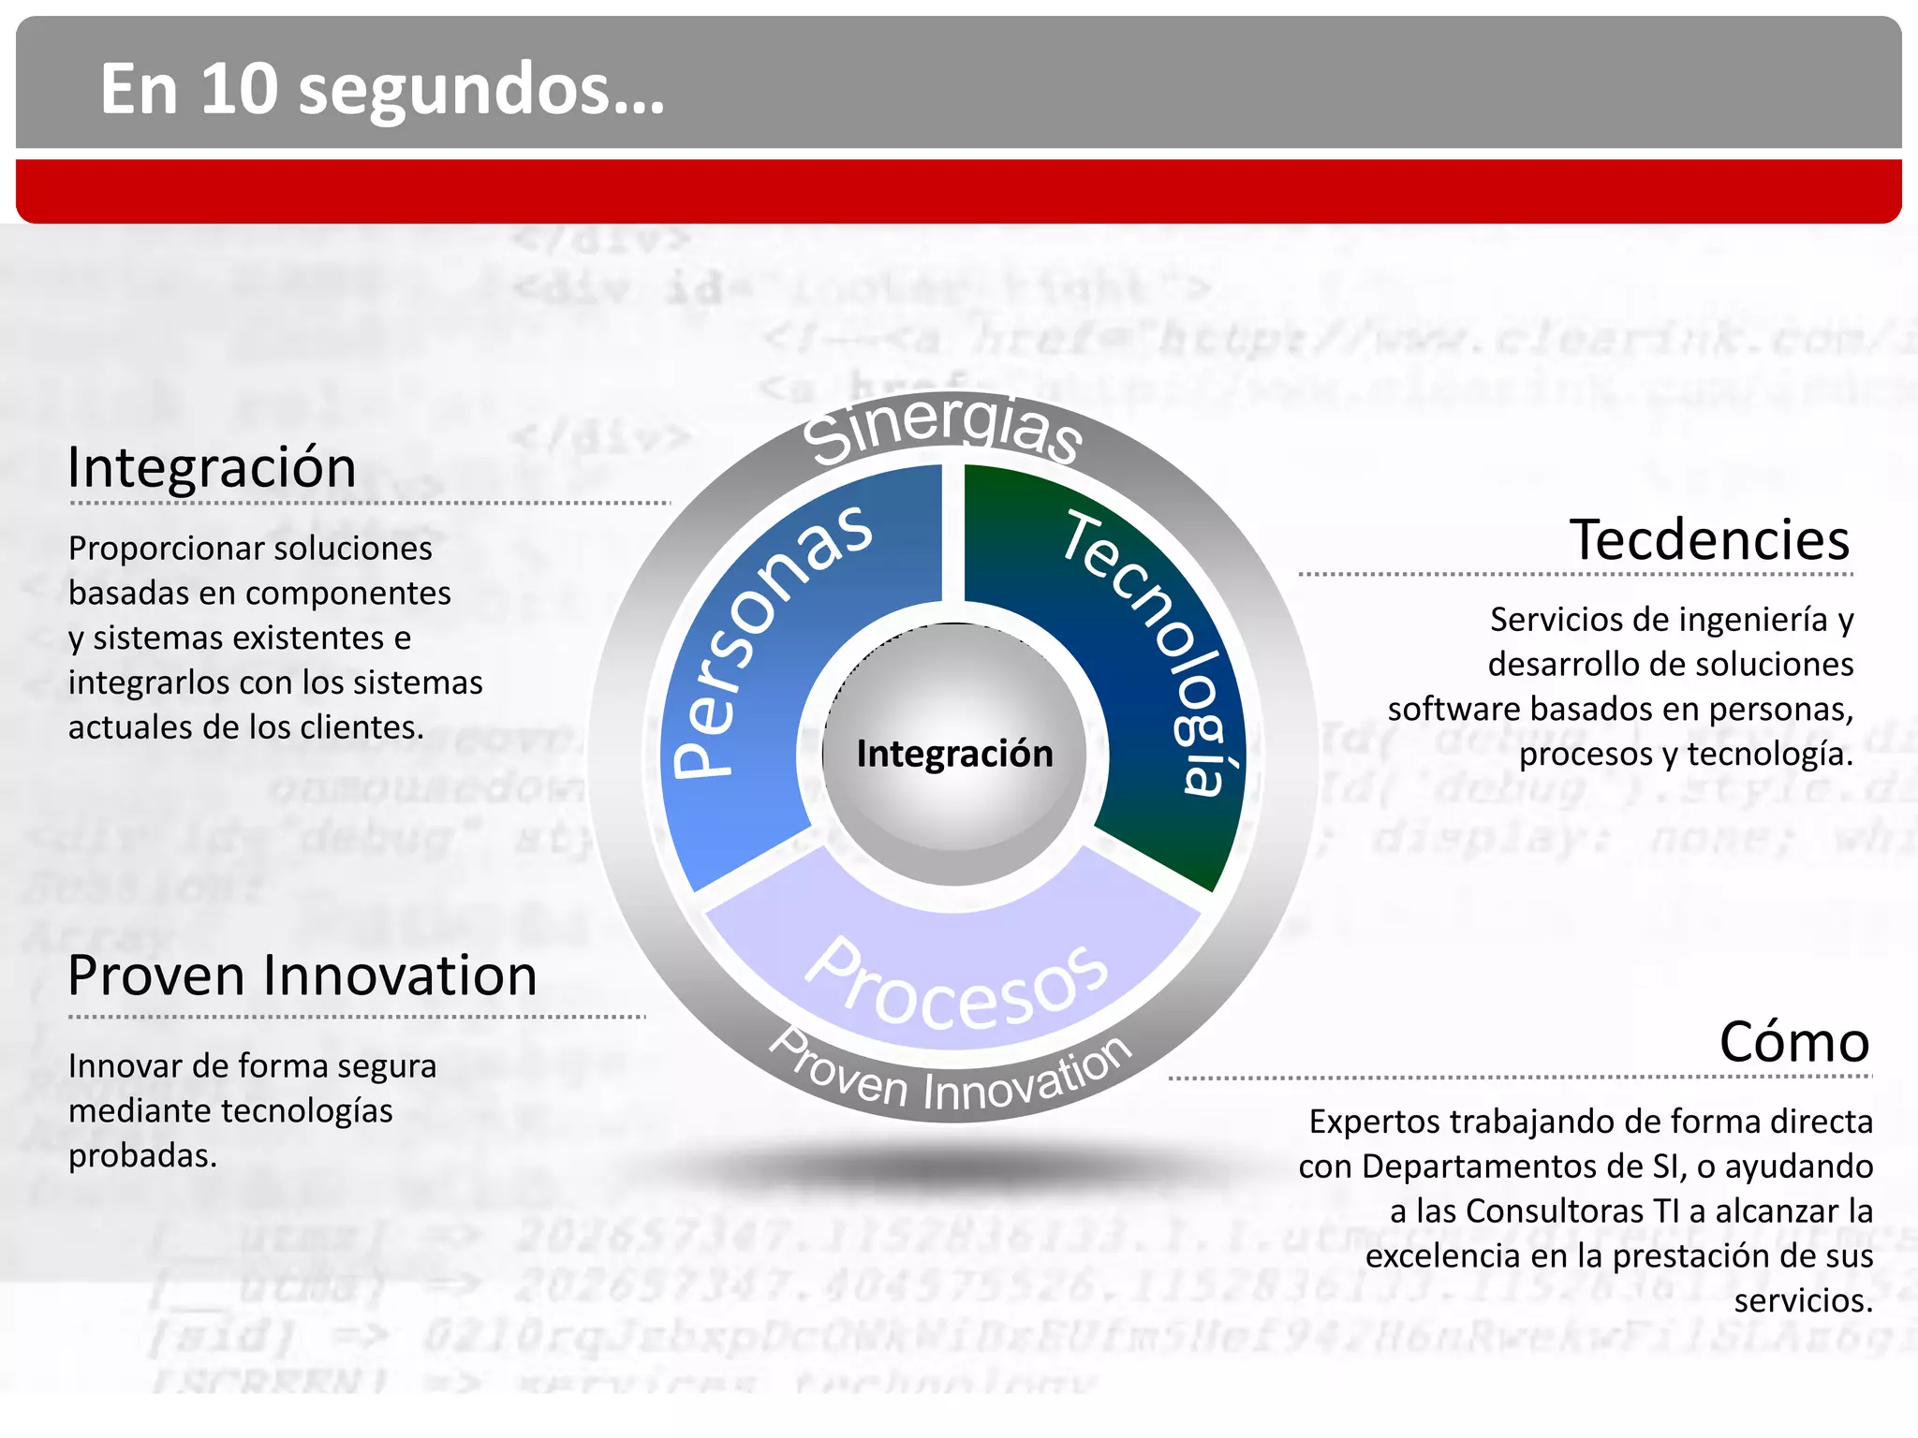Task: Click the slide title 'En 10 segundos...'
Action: pos(382,89)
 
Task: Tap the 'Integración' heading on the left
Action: pos(212,467)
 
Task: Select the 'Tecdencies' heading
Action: pos(1709,540)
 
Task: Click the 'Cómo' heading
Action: pos(1793,1042)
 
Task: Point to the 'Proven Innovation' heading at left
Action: pos(302,976)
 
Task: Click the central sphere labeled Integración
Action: pos(954,755)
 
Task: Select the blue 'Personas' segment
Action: pos(768,646)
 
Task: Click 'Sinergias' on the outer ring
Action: pos(943,429)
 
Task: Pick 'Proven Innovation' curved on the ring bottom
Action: pos(951,1077)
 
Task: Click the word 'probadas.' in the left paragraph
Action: pos(142,1156)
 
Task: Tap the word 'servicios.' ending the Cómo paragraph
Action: pos(1803,1300)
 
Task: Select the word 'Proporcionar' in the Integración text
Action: pos(151,549)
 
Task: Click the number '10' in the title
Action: pos(239,89)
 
